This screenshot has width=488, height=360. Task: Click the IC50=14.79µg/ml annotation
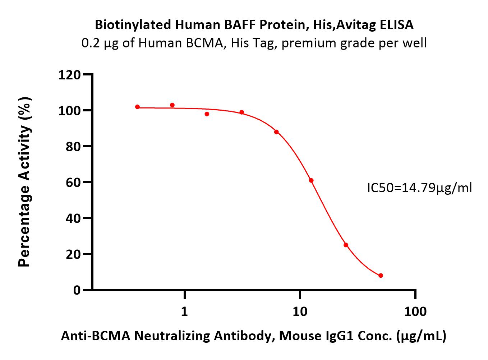[x=419, y=188]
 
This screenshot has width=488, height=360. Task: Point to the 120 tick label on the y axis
[x=69, y=75]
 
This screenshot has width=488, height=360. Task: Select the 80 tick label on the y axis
[x=73, y=146]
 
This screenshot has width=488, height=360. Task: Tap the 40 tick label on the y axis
[x=73, y=218]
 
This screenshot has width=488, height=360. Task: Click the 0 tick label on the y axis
[x=77, y=290]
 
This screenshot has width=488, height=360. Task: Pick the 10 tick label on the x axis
[x=300, y=311]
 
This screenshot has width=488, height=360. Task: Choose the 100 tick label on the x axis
[x=415, y=311]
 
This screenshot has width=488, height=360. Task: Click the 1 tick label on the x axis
[x=184, y=311]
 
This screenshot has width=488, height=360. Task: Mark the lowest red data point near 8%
[x=381, y=276]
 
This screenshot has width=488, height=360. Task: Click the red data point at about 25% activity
[x=346, y=245]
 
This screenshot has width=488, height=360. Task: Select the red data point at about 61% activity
[x=311, y=180]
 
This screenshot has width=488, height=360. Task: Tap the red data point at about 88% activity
[x=277, y=132]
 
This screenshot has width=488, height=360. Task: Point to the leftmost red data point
[x=138, y=107]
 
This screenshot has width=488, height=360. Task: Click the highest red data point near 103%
[x=172, y=105]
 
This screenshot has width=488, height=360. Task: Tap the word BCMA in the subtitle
[x=204, y=43]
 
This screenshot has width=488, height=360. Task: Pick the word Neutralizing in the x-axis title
[x=172, y=336]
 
